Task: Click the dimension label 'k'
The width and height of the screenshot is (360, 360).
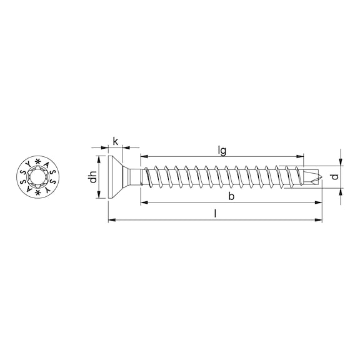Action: coord(116,141)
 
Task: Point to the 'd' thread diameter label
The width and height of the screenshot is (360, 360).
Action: coord(334,177)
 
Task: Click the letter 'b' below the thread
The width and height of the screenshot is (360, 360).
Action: coord(231,196)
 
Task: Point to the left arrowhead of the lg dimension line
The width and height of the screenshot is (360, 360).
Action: coord(143,156)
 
